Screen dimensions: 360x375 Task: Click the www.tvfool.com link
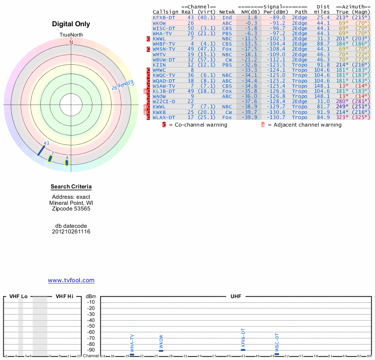[x=71, y=280]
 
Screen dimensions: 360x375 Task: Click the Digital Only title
[x=71, y=24]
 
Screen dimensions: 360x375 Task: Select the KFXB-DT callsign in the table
[x=164, y=17]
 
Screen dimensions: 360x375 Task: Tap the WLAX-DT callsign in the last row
[x=164, y=117]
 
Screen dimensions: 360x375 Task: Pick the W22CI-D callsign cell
[x=164, y=101]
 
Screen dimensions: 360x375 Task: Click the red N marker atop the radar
[x=71, y=42]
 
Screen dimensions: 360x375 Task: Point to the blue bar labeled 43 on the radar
[x=42, y=150]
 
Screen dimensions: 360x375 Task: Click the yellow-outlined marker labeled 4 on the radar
[x=67, y=163]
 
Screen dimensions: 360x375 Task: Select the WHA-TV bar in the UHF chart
[x=132, y=354]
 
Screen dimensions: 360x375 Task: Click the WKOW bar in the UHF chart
[x=161, y=351]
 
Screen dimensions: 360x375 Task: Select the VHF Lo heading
[x=18, y=297]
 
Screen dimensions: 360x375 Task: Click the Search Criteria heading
[x=71, y=187]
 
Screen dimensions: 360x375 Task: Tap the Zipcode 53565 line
[x=71, y=209]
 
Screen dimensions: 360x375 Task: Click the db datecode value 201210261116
[x=71, y=232]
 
